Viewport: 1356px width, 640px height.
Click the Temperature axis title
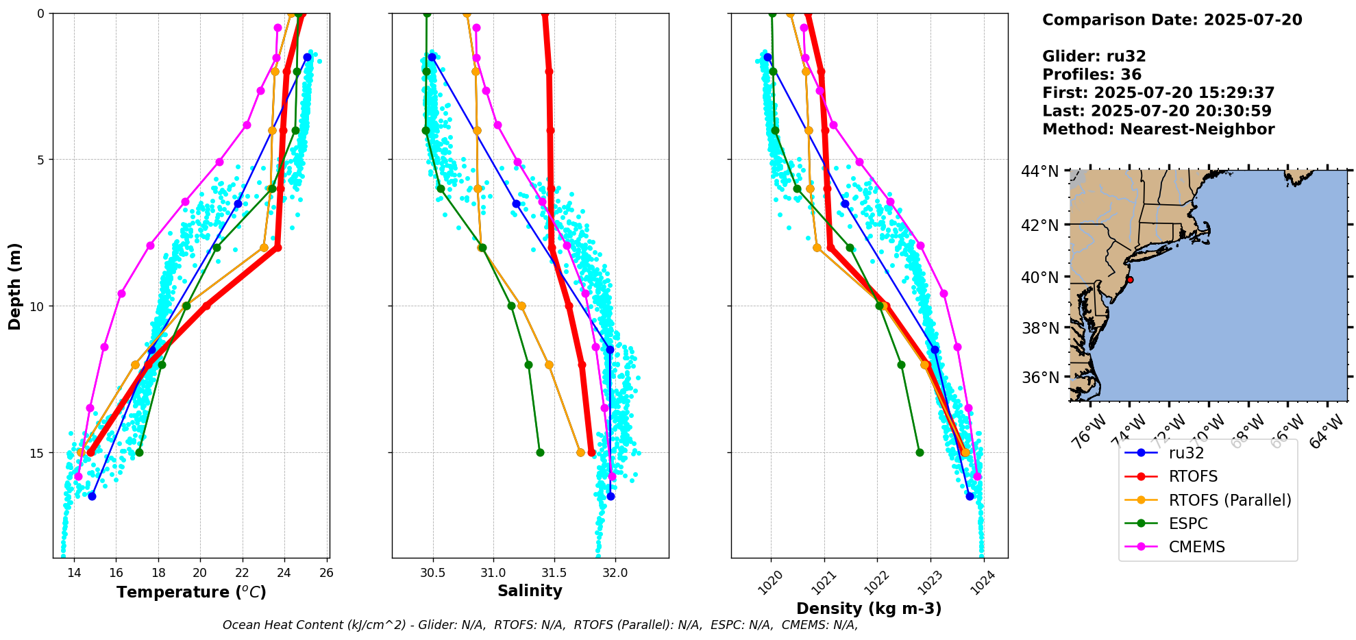click(x=191, y=592)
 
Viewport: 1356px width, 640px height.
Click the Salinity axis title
click(x=530, y=591)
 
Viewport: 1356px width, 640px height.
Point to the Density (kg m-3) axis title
click(x=869, y=608)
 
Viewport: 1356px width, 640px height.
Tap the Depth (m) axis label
click(x=15, y=286)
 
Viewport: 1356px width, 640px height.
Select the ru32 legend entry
click(x=1186, y=453)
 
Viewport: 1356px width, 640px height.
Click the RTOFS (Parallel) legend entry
click(x=1229, y=500)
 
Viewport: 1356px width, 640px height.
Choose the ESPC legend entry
click(x=1188, y=524)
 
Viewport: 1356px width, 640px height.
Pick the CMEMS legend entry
click(x=1196, y=547)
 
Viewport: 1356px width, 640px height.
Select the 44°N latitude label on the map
click(x=1040, y=171)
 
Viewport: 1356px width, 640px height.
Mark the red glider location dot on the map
click(x=1130, y=280)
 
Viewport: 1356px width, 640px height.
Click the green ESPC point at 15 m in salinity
click(x=540, y=452)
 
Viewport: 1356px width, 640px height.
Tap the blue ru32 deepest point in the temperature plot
click(x=92, y=496)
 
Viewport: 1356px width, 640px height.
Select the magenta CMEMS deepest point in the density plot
click(x=977, y=476)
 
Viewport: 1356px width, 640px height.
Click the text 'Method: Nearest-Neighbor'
click(x=1158, y=130)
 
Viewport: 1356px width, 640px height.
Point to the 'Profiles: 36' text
click(x=1092, y=75)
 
